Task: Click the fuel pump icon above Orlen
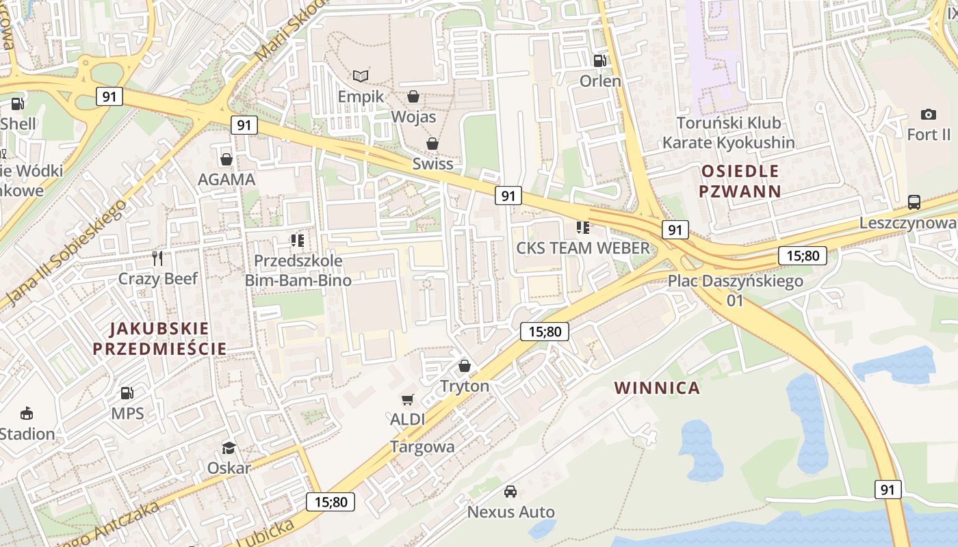pos(600,60)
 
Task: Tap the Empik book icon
pos(361,76)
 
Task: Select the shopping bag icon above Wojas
pos(413,96)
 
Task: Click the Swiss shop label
pos(432,164)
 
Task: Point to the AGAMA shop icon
pos(226,159)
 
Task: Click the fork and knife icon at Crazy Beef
pos(158,258)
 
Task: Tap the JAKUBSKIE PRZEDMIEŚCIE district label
pos(159,338)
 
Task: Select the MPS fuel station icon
pos(127,393)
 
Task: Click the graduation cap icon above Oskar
pos(229,448)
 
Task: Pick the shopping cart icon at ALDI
pos(408,399)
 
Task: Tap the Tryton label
pos(465,386)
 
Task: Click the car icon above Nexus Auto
pos(510,491)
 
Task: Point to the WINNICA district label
pos(657,388)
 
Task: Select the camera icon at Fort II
pos(929,114)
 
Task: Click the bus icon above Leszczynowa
pos(914,202)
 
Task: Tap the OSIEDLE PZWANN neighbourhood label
pos(740,181)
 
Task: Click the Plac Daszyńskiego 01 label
pos(736,291)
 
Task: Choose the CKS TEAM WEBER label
pos(582,248)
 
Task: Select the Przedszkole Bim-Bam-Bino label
pos(298,270)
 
